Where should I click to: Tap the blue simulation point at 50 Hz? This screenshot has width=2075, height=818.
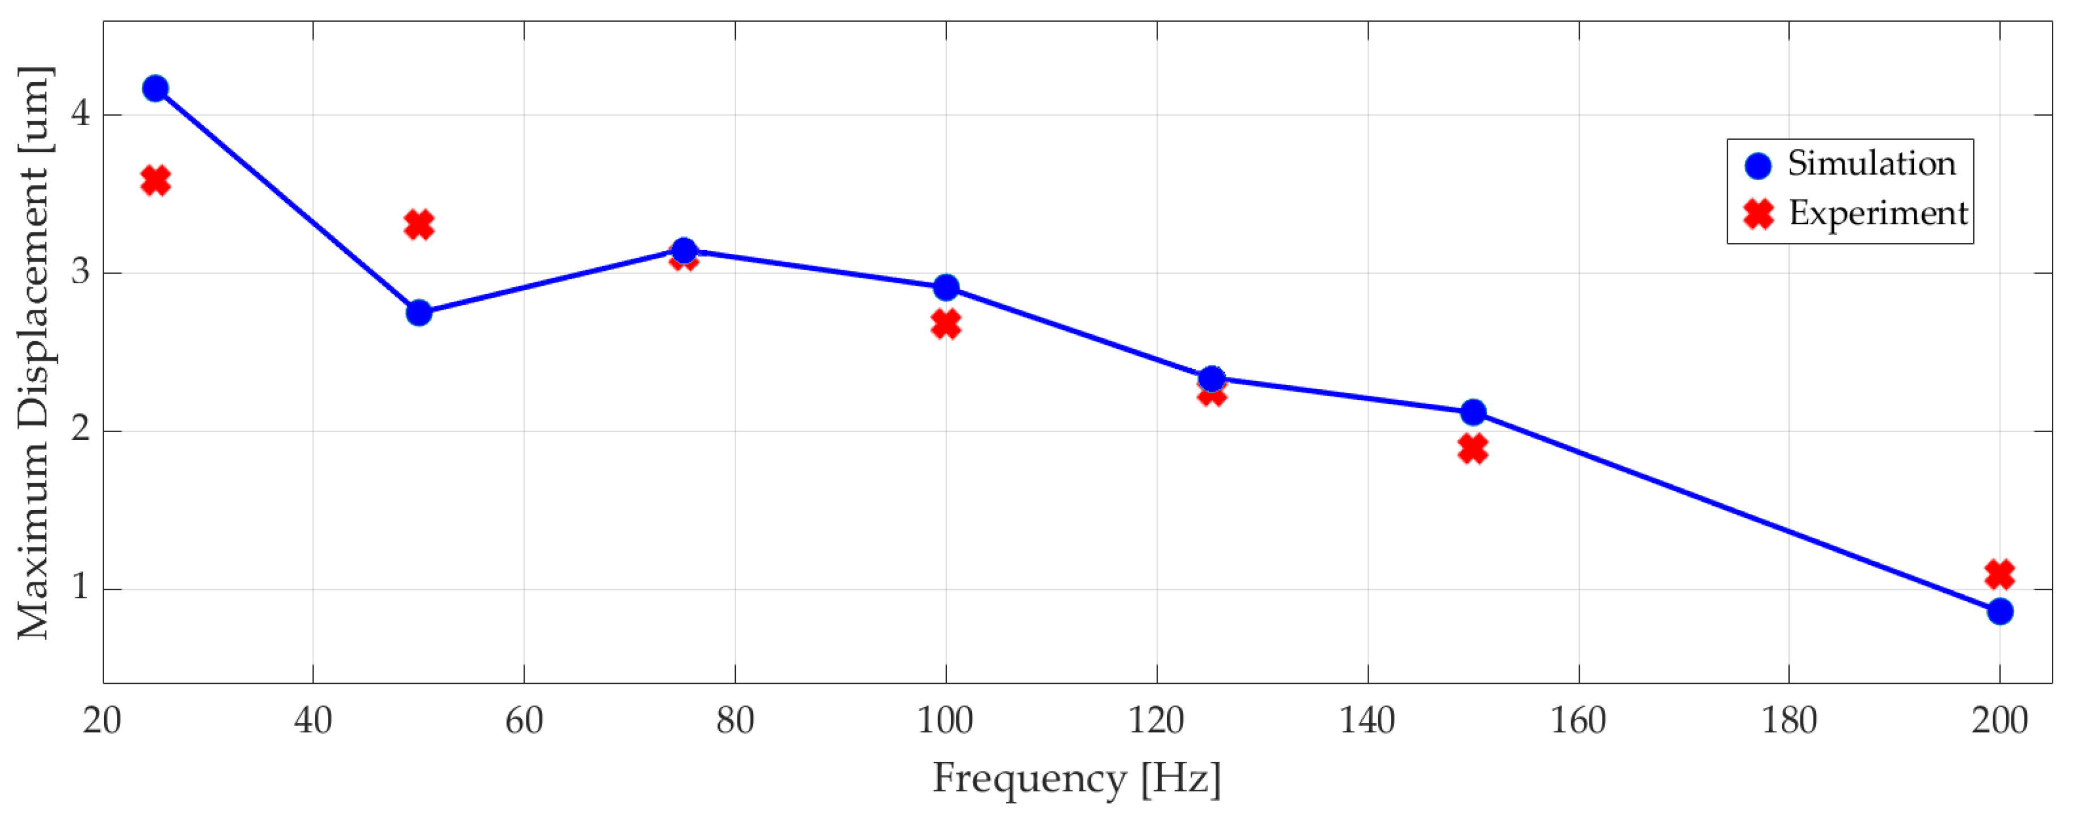(419, 313)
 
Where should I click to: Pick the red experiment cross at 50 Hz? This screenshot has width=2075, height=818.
(419, 225)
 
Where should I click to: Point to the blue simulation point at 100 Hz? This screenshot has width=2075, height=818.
(946, 287)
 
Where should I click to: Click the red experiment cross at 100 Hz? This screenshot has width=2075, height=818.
(946, 324)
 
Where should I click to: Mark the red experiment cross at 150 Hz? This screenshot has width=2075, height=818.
(1472, 449)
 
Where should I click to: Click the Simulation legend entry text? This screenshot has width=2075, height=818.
(1871, 164)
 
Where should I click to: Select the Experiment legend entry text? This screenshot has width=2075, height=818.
(1877, 214)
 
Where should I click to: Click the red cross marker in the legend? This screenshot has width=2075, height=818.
(1759, 214)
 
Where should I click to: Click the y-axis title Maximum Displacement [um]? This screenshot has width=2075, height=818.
(34, 352)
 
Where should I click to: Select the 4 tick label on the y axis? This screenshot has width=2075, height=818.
(80, 114)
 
